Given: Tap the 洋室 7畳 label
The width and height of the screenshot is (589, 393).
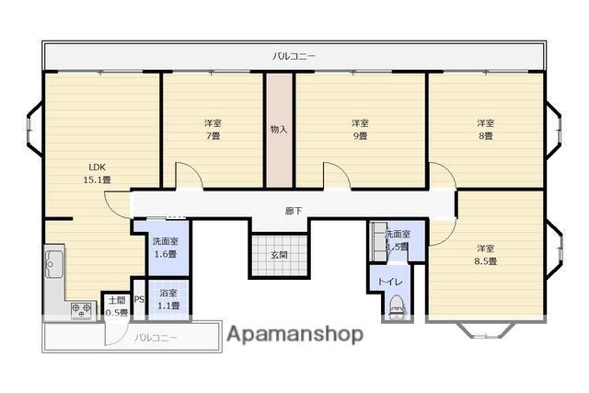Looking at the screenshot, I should (212, 129).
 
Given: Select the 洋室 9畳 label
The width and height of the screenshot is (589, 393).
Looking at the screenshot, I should (359, 129).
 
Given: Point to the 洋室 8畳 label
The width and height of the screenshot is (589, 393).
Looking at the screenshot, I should (484, 129).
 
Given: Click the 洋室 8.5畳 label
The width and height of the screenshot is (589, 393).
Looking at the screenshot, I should (486, 254).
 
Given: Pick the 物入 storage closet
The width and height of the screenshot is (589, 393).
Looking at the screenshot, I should (279, 129).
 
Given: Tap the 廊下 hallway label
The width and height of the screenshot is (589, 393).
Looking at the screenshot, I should (293, 211).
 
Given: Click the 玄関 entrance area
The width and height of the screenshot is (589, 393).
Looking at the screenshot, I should (279, 254).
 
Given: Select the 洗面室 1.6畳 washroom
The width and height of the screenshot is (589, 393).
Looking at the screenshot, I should (166, 247).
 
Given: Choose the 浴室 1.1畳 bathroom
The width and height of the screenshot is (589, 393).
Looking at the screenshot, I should (168, 299).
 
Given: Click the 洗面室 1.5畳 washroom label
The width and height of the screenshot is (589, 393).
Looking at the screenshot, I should (397, 240).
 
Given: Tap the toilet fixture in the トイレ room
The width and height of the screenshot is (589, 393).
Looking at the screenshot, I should (397, 305).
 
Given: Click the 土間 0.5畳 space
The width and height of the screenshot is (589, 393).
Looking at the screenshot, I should (116, 305).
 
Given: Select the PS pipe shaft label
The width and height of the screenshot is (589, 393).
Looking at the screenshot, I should (139, 299).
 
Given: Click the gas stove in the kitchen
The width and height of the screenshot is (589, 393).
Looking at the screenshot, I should (81, 309).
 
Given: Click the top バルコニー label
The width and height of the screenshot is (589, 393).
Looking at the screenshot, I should (294, 56).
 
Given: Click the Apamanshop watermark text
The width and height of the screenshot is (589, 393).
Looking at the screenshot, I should (294, 333).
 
